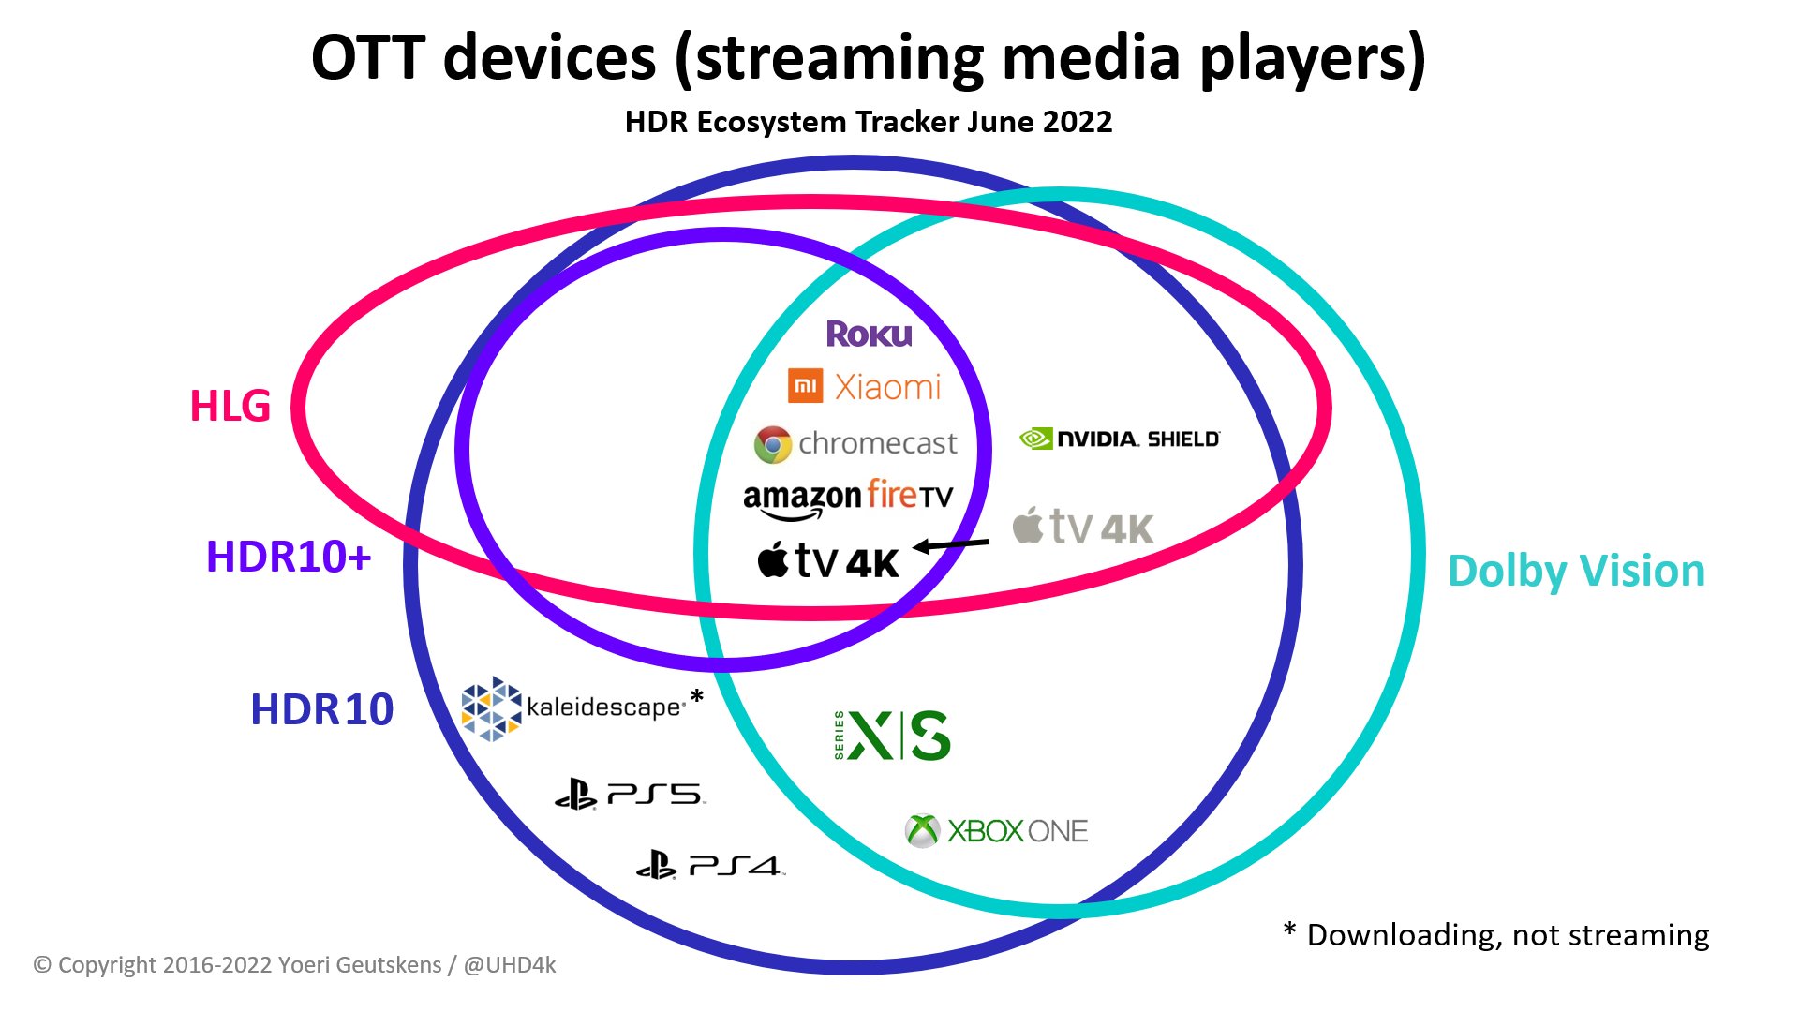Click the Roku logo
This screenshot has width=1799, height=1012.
869,335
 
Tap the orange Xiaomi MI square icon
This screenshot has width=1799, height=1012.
806,385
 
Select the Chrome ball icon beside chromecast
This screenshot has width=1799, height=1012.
773,444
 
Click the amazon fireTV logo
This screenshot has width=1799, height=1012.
848,499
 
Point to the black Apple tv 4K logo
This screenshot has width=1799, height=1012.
828,561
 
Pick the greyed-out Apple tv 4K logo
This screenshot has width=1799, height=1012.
1083,528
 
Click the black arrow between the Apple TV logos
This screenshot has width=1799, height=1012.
951,544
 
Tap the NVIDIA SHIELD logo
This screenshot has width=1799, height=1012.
1120,439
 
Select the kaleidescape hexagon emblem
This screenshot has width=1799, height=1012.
491,708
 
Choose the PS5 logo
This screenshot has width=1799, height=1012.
630,795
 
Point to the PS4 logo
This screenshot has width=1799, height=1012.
710,865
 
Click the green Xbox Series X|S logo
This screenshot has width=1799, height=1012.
892,736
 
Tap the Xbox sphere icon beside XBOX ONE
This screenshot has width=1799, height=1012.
923,830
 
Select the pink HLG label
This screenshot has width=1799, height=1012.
230,406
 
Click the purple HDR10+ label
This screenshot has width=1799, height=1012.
289,557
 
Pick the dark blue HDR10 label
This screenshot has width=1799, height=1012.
322,709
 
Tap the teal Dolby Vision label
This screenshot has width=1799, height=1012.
1576,571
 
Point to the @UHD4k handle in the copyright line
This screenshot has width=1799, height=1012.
510,965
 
